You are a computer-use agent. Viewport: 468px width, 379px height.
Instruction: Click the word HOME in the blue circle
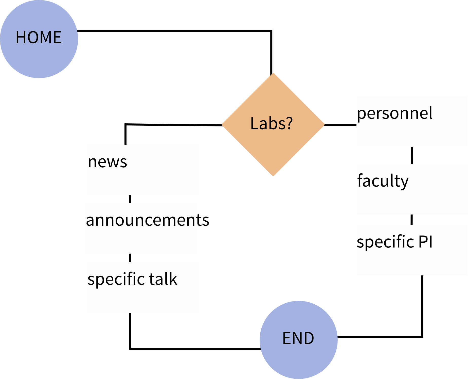coord(39,38)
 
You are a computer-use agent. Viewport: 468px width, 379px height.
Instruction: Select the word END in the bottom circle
coord(298,338)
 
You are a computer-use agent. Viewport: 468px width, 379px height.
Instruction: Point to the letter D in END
coord(309,338)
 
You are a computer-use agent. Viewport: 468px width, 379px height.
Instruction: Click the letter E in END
coord(286,338)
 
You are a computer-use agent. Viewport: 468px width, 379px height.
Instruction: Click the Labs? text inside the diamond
coord(272,124)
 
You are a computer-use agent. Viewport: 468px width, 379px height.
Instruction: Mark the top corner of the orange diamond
coord(273,74)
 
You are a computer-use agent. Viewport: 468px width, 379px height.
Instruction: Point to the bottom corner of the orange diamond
coord(273,175)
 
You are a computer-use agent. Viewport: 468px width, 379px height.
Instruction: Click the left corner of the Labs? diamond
coord(223,124)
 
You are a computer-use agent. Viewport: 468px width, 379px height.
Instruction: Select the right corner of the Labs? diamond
coord(324,124)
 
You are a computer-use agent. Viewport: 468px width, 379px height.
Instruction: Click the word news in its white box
coord(107,162)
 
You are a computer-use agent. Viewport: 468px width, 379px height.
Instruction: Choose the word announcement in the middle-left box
coord(141,220)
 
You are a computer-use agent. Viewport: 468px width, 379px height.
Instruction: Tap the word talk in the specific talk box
coord(163,279)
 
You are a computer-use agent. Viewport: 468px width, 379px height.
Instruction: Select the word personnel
coord(394,113)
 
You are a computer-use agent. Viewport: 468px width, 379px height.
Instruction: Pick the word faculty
coord(383,181)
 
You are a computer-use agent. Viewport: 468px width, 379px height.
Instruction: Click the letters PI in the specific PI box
coord(425,241)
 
